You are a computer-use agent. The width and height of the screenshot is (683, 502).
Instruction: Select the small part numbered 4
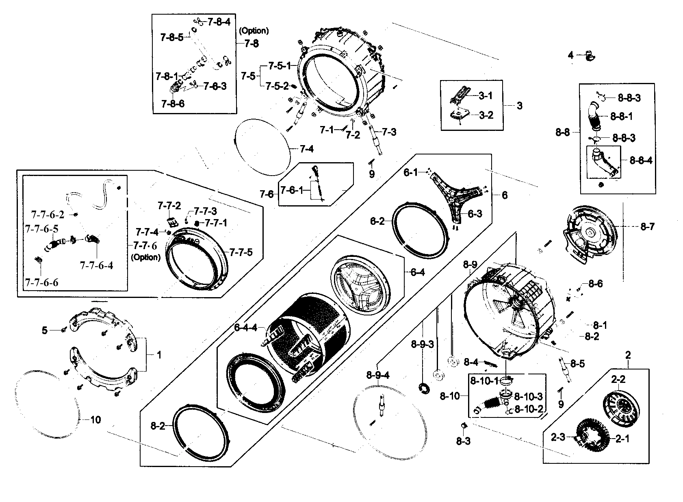pos(588,56)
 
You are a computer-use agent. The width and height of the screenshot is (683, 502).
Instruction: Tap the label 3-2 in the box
pos(486,115)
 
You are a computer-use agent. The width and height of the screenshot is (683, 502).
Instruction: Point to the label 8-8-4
pos(641,161)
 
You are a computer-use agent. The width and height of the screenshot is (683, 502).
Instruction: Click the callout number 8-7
pos(647,227)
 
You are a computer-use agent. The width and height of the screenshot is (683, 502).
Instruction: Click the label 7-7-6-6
pos(41,282)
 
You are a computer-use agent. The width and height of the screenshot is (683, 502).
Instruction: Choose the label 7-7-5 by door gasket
pos(241,252)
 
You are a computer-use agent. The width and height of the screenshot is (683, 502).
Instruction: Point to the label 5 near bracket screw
pos(44,330)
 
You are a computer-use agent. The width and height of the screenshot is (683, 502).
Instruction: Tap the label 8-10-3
pos(528,396)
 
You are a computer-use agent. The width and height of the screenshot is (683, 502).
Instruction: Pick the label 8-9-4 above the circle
pos(377,375)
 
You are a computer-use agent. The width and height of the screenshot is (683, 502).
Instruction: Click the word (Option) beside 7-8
pos(254,30)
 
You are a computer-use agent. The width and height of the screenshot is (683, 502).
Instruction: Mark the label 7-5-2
pos(277,86)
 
